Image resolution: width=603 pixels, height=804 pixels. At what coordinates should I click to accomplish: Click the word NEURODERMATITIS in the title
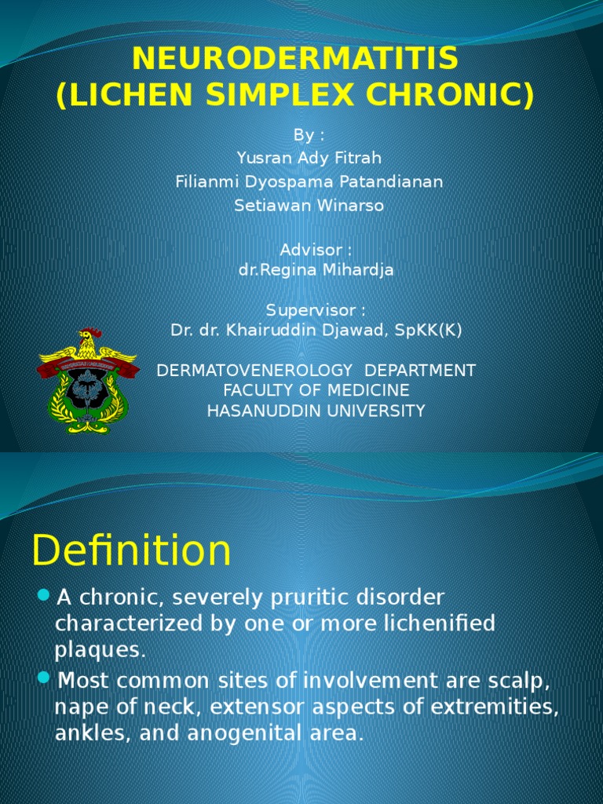[295, 59]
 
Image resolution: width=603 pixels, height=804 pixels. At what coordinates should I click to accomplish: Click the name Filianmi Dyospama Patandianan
[309, 182]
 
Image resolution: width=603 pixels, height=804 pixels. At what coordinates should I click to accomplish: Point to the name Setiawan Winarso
[309, 206]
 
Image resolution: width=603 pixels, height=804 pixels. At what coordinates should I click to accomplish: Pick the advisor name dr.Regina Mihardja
[316, 270]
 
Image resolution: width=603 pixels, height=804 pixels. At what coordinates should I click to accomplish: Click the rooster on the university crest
[88, 343]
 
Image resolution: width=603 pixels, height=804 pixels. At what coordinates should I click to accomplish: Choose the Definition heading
[131, 550]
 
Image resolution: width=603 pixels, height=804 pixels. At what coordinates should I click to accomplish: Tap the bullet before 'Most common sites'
[43, 676]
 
